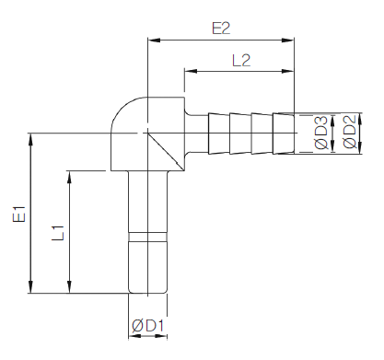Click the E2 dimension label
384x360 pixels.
tap(221, 29)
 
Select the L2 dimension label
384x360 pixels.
tap(241, 61)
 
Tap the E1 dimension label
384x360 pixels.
tap(19, 214)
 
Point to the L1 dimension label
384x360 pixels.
tap(58, 233)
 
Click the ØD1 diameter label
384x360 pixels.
tap(148, 326)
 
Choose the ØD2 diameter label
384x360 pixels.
tap(349, 132)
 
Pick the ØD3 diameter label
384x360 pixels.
tap(321, 133)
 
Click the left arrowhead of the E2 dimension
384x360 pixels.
tap(154, 40)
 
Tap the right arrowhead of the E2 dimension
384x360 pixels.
tap(288, 40)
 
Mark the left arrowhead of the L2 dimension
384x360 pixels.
tap(191, 71)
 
